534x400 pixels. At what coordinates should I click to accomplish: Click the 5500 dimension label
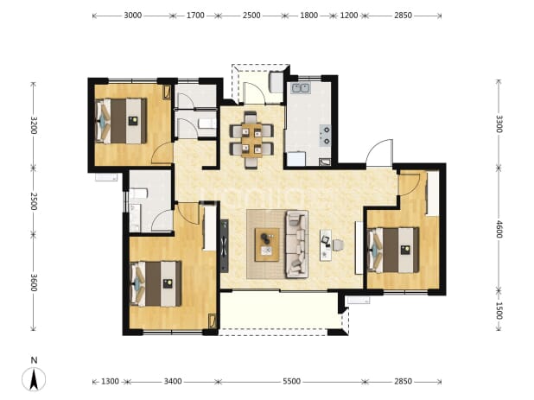(291, 381)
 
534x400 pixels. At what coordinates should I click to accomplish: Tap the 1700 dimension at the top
(195, 16)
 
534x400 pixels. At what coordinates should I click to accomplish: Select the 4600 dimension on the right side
(499, 229)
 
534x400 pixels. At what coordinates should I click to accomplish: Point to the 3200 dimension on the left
(33, 125)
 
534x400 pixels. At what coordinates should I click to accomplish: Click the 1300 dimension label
(110, 381)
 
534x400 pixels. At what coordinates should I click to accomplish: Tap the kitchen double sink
(301, 88)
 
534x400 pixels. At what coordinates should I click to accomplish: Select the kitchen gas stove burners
(325, 136)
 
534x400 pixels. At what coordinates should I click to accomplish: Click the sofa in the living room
(296, 244)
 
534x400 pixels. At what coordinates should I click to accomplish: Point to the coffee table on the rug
(267, 244)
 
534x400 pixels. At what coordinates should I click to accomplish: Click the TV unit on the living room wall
(224, 245)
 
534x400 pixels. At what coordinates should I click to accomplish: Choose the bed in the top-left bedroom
(121, 121)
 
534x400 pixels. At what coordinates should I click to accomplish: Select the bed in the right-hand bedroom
(394, 251)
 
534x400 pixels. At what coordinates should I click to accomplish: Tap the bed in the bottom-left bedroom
(156, 284)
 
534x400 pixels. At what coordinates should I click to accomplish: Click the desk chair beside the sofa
(338, 244)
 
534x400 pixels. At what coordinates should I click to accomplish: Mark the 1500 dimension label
(499, 310)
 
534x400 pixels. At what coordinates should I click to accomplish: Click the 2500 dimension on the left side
(33, 200)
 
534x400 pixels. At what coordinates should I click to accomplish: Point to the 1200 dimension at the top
(349, 16)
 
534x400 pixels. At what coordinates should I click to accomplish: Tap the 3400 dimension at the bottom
(173, 381)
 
